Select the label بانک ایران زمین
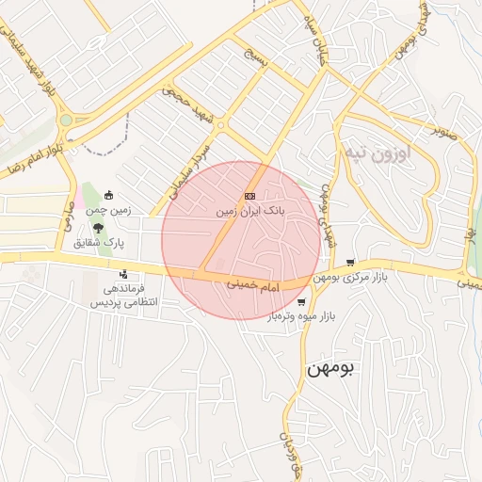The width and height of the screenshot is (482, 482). [x=249, y=212]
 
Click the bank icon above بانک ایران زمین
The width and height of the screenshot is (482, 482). [x=249, y=196]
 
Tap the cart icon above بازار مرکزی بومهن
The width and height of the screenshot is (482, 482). [x=351, y=263]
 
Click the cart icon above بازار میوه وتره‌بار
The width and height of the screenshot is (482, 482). [x=300, y=302]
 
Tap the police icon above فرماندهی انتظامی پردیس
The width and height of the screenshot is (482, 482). [x=123, y=275]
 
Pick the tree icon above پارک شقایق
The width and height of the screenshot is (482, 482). [x=98, y=226]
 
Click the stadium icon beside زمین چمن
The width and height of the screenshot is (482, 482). [x=109, y=196]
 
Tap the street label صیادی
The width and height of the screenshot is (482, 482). [x=67, y=219]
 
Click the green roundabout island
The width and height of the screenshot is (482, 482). [x=65, y=120]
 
